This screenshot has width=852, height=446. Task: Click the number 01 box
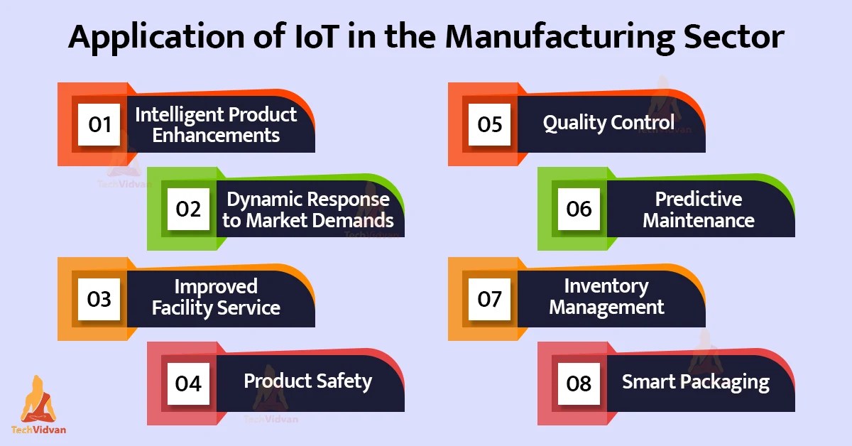tap(99, 124)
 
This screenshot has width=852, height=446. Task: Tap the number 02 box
tap(189, 209)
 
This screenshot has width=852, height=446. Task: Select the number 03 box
tap(99, 299)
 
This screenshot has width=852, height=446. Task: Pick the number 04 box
tap(189, 384)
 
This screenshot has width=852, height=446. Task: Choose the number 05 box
tap(490, 124)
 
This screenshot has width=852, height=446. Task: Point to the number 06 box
tap(579, 209)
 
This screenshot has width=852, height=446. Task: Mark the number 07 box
tap(490, 299)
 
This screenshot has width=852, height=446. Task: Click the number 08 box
tap(579, 384)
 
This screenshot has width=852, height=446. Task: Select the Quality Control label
tap(608, 123)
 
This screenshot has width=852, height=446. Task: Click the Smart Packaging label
tap(696, 382)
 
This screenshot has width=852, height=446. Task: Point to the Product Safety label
tap(307, 381)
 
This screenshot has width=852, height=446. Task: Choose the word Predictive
tap(698, 199)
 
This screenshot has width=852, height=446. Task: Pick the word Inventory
tap(606, 286)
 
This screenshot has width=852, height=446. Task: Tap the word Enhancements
tap(216, 135)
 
